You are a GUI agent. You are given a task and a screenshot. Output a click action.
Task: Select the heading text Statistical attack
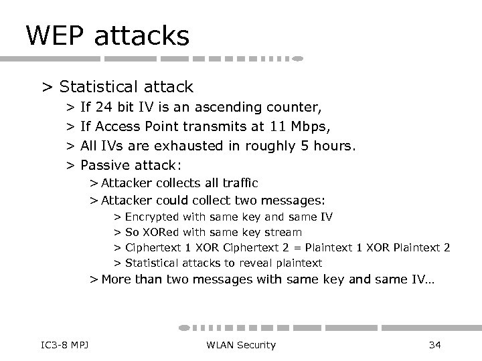point(126,87)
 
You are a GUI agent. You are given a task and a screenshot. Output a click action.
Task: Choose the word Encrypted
point(152,217)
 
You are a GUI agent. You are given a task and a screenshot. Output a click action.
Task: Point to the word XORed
point(157,233)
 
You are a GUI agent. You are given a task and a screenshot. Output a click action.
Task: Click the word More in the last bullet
point(117,279)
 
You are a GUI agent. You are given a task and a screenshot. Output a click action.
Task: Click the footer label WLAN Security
point(241,345)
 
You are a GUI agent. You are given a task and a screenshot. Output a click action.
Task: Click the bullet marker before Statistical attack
point(47,88)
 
